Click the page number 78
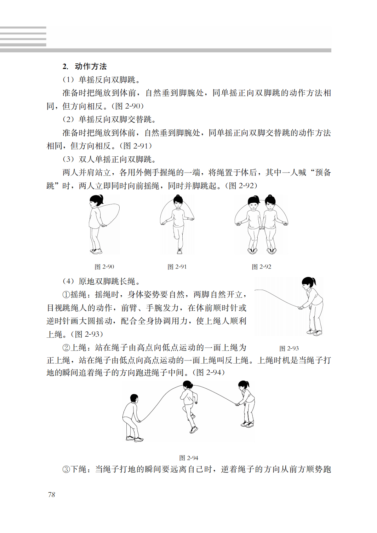[52, 494]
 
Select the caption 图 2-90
[104, 267]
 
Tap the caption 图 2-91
[177, 267]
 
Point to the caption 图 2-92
[261, 267]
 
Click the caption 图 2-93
[289, 348]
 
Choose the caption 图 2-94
[189, 458]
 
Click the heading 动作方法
[91, 66]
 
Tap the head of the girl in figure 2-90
[95, 202]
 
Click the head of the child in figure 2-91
[178, 202]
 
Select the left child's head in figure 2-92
[253, 203]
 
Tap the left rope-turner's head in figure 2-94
[134, 398]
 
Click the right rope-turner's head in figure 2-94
[243, 385]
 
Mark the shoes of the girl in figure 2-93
[314, 332]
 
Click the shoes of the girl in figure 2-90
[96, 251]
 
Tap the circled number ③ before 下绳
[66, 469]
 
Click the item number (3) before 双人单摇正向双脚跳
[68, 159]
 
